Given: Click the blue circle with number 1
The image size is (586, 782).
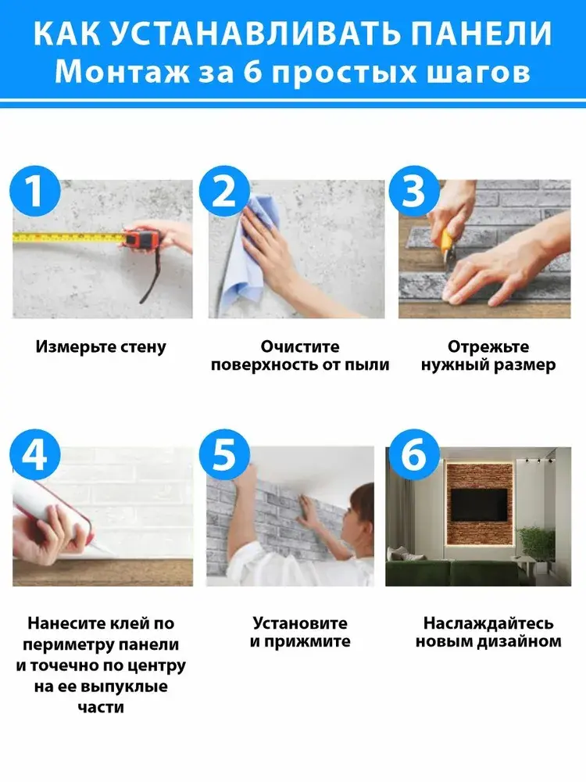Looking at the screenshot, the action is (x=35, y=191).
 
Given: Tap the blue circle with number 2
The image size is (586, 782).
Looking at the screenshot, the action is (x=224, y=191).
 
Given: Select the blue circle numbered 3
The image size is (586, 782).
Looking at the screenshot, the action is (x=414, y=191).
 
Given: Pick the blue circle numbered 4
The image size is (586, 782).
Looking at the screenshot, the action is (x=35, y=454).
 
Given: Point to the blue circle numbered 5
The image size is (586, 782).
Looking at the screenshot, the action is (x=224, y=454).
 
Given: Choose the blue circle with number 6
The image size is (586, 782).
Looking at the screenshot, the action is (x=414, y=454).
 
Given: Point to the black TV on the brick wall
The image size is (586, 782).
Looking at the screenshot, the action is (x=479, y=504).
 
